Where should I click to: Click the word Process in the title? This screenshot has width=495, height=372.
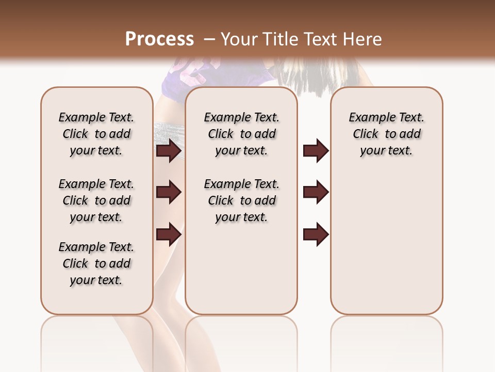coord(159,39)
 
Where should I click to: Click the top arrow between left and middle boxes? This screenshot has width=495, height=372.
coord(169,151)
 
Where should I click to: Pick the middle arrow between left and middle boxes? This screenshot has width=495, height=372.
coord(169,192)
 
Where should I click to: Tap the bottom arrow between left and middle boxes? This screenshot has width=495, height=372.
coord(169,235)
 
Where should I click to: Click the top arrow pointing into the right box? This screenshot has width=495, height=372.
coord(316,151)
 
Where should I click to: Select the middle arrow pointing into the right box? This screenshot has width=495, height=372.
coord(316,192)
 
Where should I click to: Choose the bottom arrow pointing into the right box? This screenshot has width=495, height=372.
coord(316,235)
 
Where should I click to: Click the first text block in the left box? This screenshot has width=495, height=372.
coord(96,134)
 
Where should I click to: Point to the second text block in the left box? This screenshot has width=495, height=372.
coord(96,200)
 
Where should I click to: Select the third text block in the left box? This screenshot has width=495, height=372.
coord(96,263)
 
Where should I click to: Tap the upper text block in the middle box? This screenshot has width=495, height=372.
coord(241,134)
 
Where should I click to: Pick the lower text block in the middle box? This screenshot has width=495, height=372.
coord(241,200)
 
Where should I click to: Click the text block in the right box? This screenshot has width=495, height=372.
coord(386,134)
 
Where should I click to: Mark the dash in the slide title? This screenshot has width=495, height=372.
coord(209,39)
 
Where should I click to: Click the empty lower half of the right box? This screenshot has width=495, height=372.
coord(386,248)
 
